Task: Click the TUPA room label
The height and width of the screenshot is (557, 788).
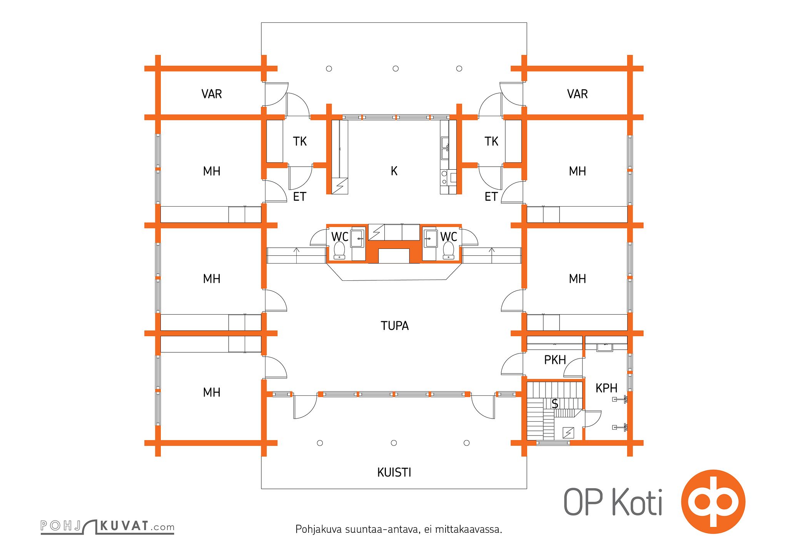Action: click(x=394, y=326)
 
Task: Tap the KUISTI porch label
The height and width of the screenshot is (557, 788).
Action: click(x=394, y=472)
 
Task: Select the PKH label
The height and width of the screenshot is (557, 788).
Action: click(x=555, y=360)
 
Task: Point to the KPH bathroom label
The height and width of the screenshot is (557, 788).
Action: click(x=606, y=388)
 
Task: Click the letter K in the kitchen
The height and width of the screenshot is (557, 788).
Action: click(x=394, y=171)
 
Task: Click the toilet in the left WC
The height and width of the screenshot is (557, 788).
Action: click(x=339, y=251)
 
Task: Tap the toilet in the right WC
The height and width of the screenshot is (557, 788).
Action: click(x=448, y=251)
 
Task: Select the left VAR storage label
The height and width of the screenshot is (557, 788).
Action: click(x=212, y=94)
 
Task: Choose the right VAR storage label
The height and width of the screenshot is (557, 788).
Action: click(x=577, y=94)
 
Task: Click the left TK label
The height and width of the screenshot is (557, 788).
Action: click(x=300, y=142)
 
